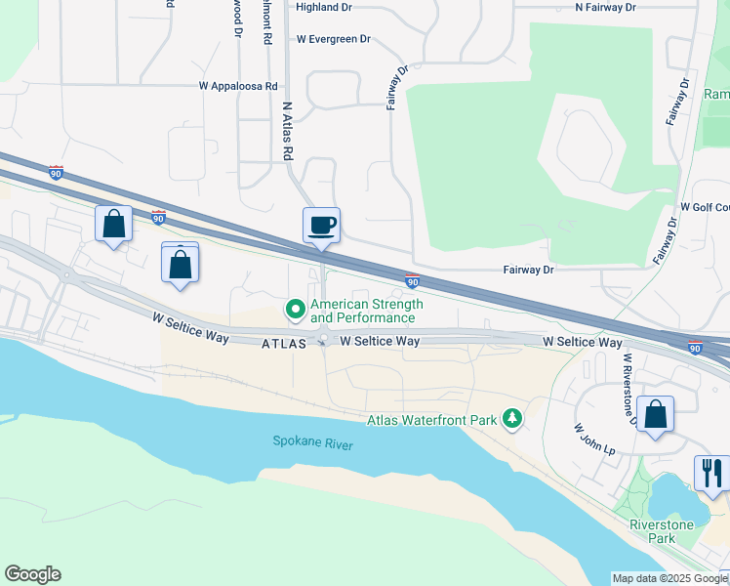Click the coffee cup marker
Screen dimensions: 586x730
tap(321, 226)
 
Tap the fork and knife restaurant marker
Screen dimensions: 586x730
tap(711, 473)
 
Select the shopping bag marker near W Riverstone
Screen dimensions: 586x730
tap(655, 413)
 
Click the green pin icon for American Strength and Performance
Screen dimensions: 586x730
tap(296, 310)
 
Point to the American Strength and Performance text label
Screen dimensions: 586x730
tap(367, 312)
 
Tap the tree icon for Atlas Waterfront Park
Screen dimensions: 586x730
tap(511, 420)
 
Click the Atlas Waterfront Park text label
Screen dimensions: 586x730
tap(431, 421)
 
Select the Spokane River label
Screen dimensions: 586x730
tap(312, 443)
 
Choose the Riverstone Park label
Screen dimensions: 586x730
tap(662, 531)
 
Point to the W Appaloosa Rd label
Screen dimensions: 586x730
tap(238, 86)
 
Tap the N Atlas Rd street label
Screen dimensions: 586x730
tap(288, 131)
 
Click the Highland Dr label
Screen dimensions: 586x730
tap(323, 7)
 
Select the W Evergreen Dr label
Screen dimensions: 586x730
tap(334, 40)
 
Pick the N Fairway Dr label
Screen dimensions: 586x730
tap(605, 7)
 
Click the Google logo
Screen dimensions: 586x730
tap(32, 574)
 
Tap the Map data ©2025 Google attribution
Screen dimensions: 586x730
tap(669, 578)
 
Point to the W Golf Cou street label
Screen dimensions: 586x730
tap(705, 208)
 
